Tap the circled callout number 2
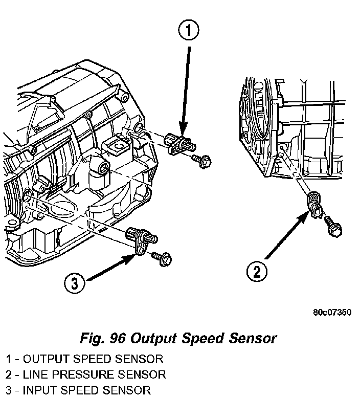point(257,271)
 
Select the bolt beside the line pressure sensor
point(333,226)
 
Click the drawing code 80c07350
point(332,312)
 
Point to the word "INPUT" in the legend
point(36,390)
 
